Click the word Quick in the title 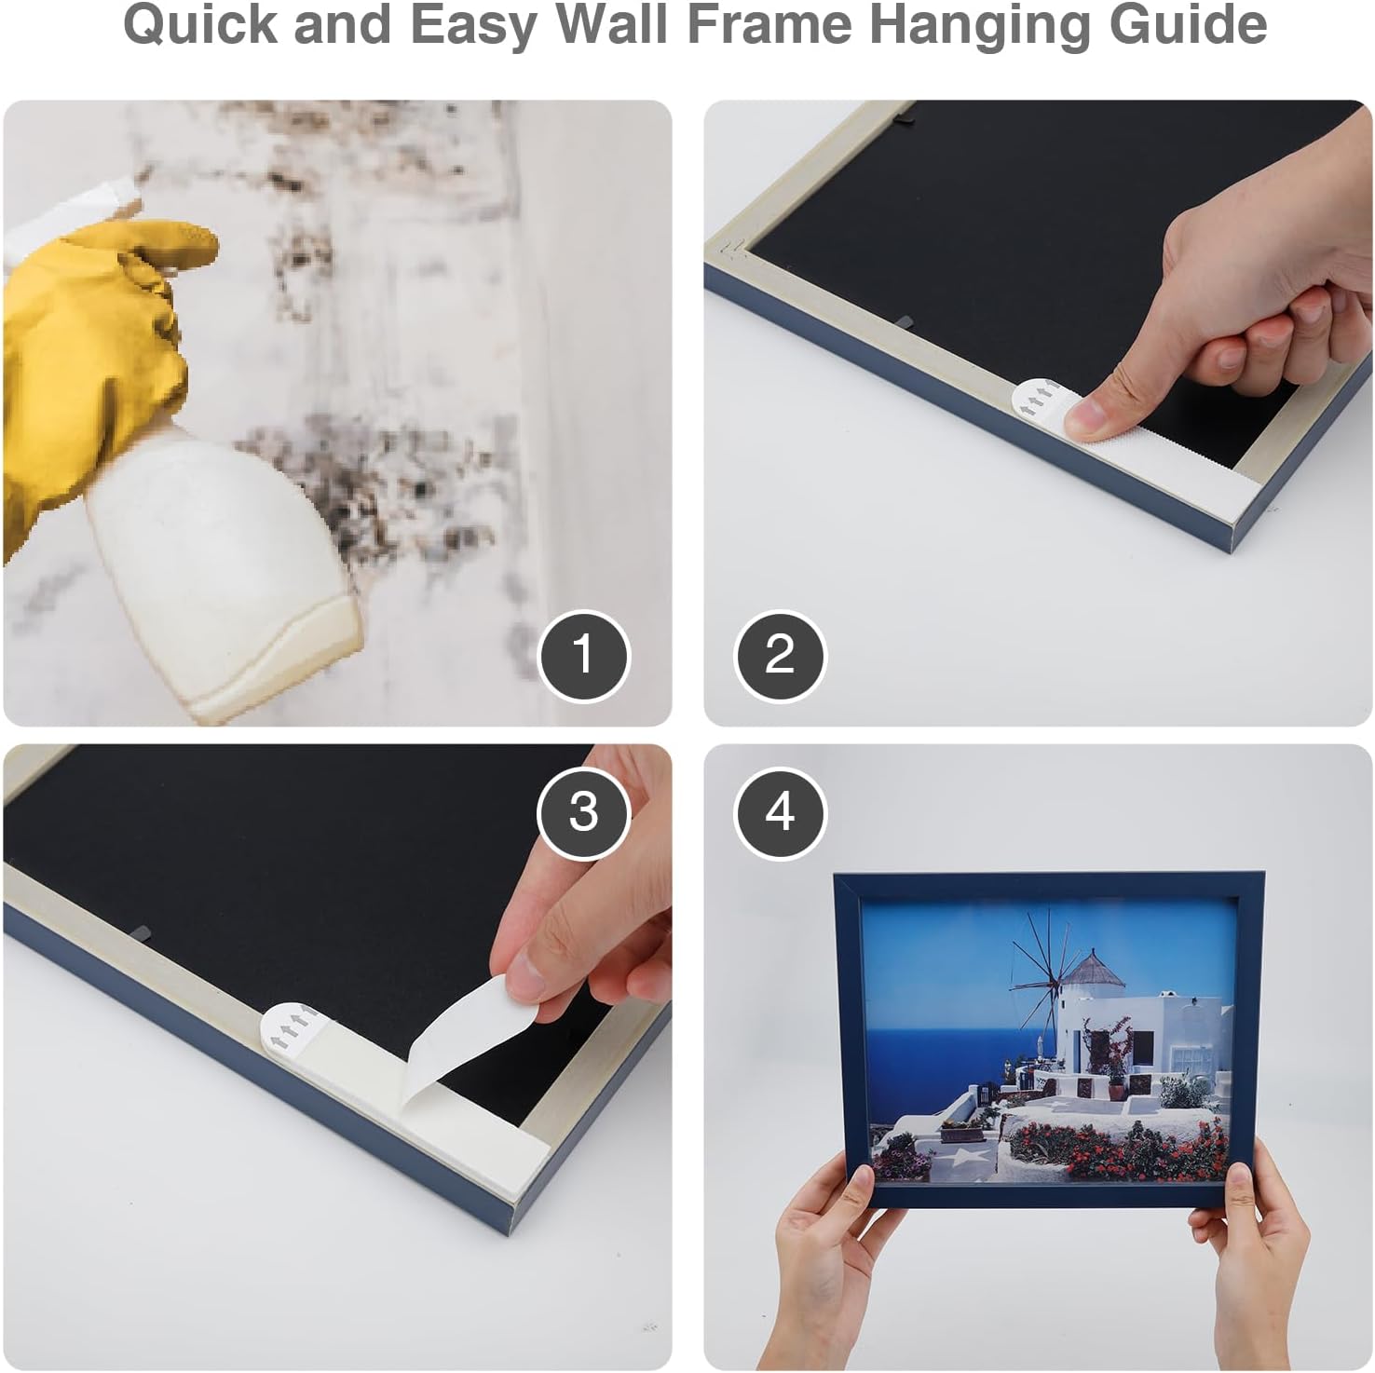[200, 25]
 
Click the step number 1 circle [584, 655]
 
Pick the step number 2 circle [780, 655]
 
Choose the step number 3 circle [583, 811]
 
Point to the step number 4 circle [780, 811]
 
